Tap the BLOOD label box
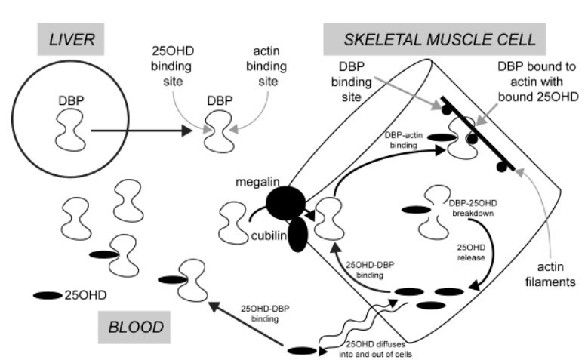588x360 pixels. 136,327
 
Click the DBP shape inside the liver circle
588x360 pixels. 69,129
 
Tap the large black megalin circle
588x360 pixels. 285,202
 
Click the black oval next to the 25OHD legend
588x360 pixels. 47,295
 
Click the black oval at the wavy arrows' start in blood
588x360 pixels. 302,350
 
